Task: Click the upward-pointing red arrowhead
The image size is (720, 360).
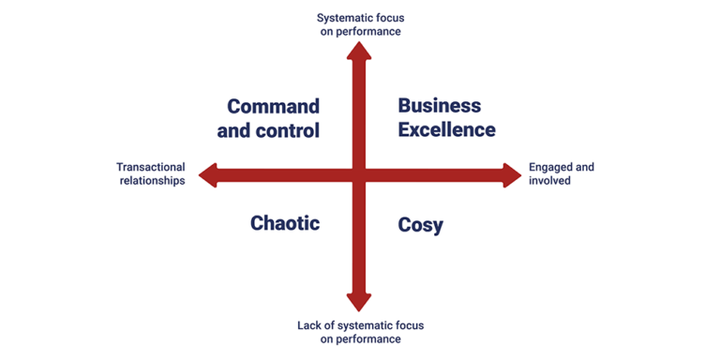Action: tap(359, 51)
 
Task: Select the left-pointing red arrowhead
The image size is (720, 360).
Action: tap(208, 175)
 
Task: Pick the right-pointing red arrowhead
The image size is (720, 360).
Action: tap(512, 175)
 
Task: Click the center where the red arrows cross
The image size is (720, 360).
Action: tap(359, 175)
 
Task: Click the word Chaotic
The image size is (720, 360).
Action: tap(285, 224)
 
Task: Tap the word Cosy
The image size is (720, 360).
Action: tap(420, 225)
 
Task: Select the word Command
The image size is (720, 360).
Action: tap(273, 107)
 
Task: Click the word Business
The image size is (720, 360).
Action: tap(440, 106)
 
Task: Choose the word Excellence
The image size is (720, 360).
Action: tap(447, 130)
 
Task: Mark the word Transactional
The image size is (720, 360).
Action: tap(151, 167)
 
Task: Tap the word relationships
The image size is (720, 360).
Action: tap(153, 181)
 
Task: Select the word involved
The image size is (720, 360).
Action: tap(549, 181)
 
